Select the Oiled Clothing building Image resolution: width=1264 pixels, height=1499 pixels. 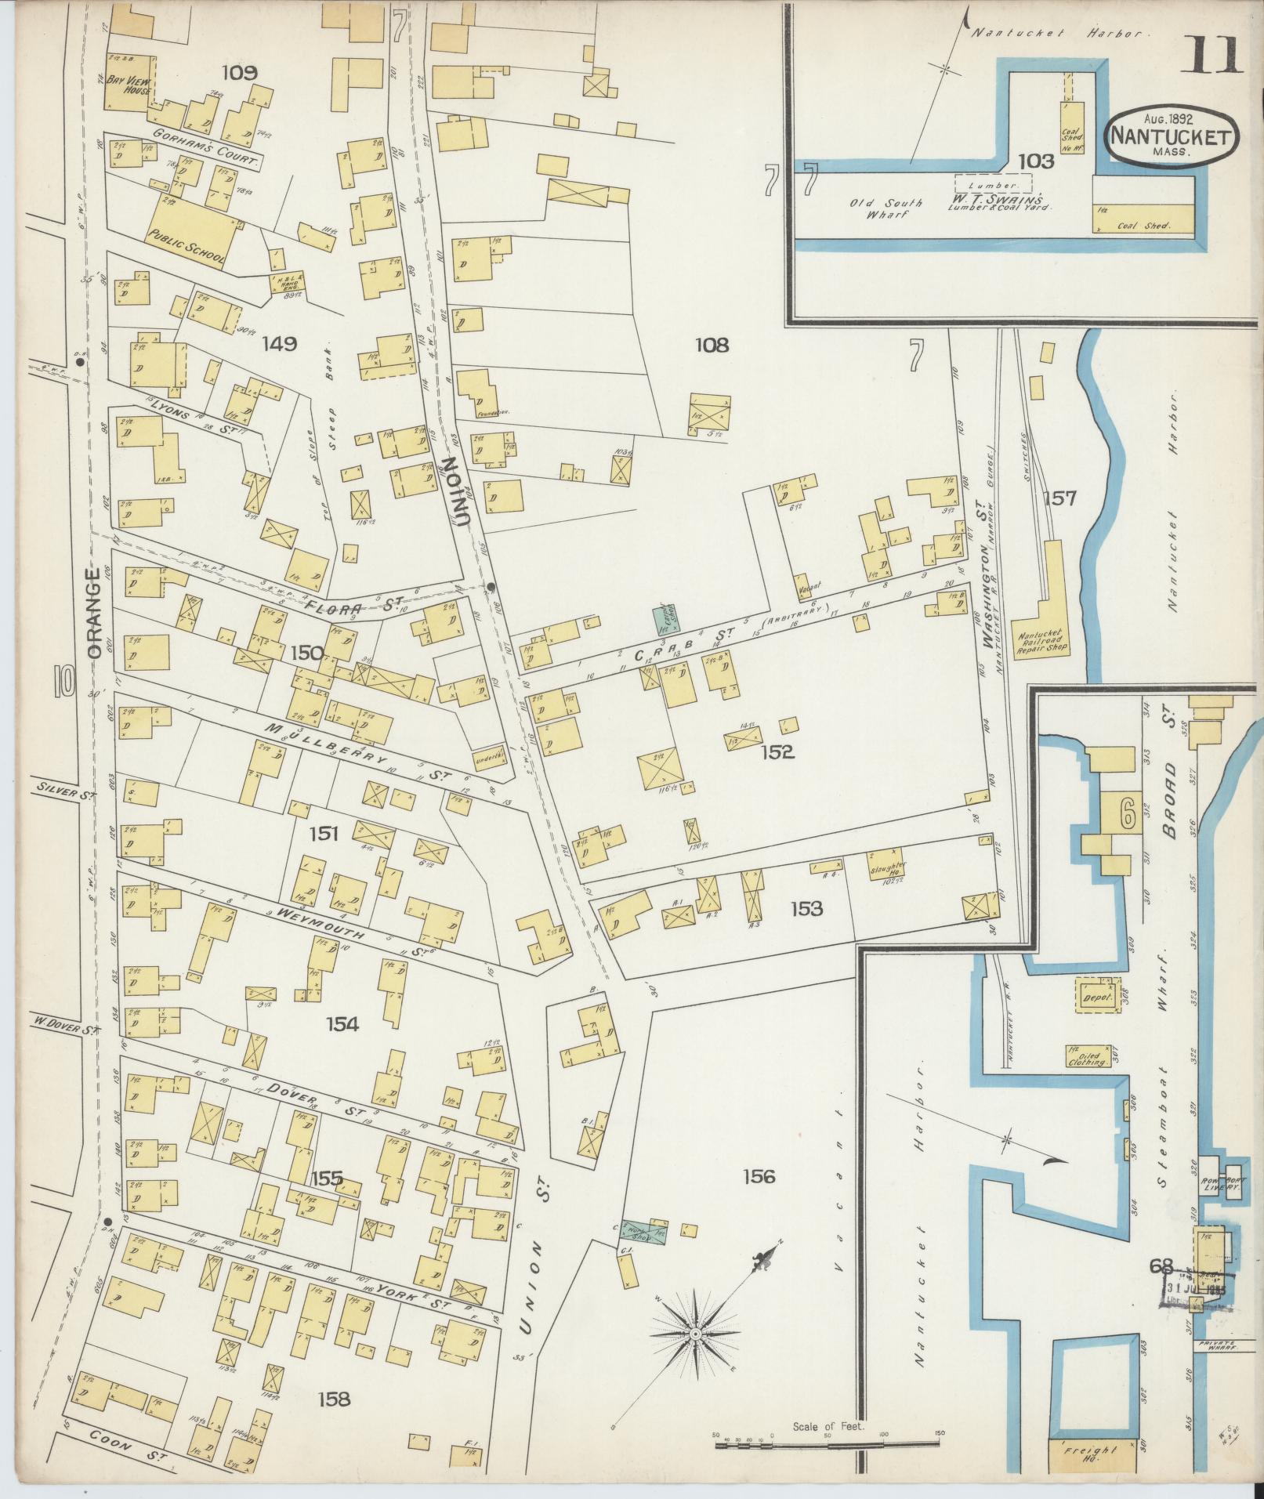[x=1087, y=1056]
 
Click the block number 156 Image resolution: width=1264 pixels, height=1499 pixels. [x=759, y=1175]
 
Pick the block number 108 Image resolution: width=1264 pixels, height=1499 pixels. [x=711, y=344]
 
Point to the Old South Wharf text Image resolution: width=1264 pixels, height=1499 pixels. [x=886, y=208]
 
